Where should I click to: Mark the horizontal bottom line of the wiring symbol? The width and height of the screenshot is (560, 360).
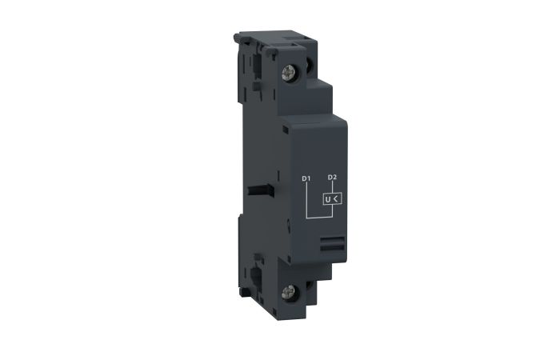(x=318, y=217)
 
